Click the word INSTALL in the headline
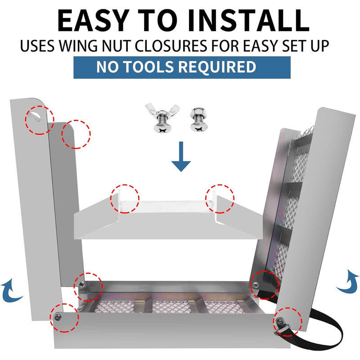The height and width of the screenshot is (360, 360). pos(249,21)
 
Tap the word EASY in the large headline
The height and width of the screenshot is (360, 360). pos(93,21)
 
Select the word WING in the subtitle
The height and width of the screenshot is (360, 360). pos(78,46)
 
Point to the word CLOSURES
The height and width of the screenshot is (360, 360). pos(171,46)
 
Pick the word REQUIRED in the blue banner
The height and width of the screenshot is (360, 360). pos(217,67)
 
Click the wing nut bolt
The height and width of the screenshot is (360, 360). pos(162,117)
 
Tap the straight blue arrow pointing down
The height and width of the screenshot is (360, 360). pos(181,157)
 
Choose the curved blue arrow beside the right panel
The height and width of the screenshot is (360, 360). pos(347,282)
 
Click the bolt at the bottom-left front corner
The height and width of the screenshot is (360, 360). pos(57,318)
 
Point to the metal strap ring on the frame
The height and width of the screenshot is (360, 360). pos(282,327)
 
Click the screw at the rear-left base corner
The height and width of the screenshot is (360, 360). pos(82,285)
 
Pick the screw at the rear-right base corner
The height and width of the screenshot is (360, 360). pos(255,285)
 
